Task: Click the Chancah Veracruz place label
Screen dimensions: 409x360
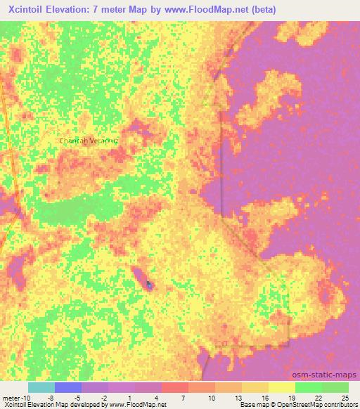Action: pos(89,141)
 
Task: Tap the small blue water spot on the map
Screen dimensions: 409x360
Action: pos(149,285)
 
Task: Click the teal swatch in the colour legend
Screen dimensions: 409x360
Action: pos(41,387)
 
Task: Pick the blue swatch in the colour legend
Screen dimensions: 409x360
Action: pos(68,387)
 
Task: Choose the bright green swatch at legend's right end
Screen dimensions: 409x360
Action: pos(335,387)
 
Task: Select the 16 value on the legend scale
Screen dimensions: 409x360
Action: pos(264,397)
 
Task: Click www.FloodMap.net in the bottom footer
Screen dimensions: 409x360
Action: pos(144,405)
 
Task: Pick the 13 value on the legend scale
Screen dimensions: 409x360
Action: pos(237,397)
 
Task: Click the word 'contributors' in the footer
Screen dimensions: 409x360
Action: pos(342,405)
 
